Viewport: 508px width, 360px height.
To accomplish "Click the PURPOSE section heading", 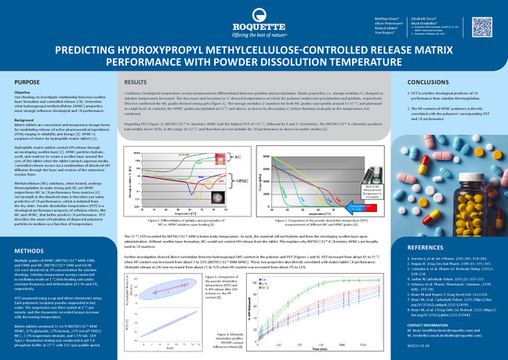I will pos(27,82).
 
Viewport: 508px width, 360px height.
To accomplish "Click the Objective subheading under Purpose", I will pos(23,92).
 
